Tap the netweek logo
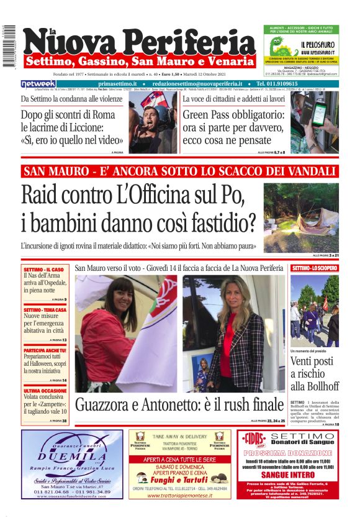pos(38,84)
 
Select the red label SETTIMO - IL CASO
pos(43,270)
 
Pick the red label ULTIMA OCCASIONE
pos(45,391)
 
